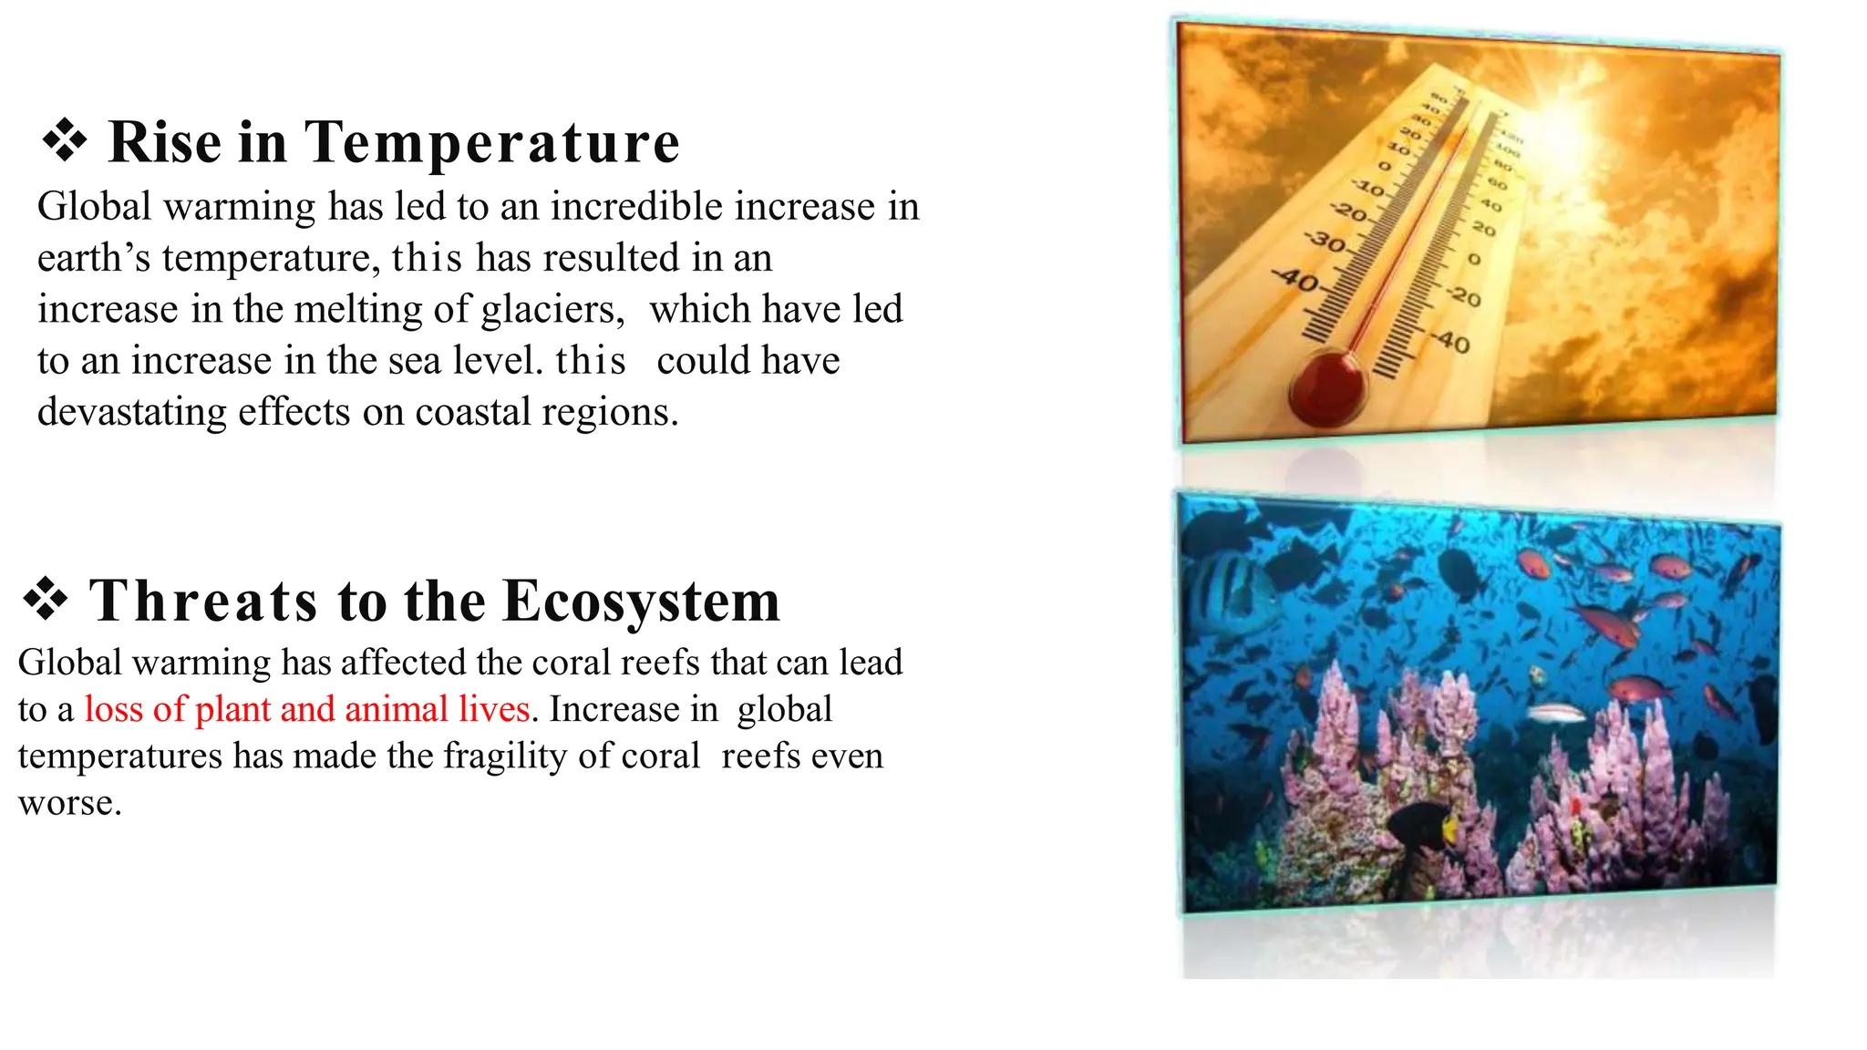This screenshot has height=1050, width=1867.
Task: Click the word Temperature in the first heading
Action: coord(492,143)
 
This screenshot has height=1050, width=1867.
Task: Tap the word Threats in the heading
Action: coord(203,602)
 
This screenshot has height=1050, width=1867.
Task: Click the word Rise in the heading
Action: coord(165,143)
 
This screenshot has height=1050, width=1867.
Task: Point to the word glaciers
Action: coord(552,310)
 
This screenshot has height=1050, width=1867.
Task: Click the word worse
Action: coord(69,804)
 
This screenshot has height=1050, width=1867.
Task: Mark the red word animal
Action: coord(397,710)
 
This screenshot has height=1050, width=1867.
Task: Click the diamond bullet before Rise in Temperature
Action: coord(65,141)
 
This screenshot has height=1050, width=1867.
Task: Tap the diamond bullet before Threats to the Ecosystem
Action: coord(46,600)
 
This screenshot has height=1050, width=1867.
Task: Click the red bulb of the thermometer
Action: coord(1326,389)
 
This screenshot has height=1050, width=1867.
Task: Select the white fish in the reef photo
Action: coord(1556,712)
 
